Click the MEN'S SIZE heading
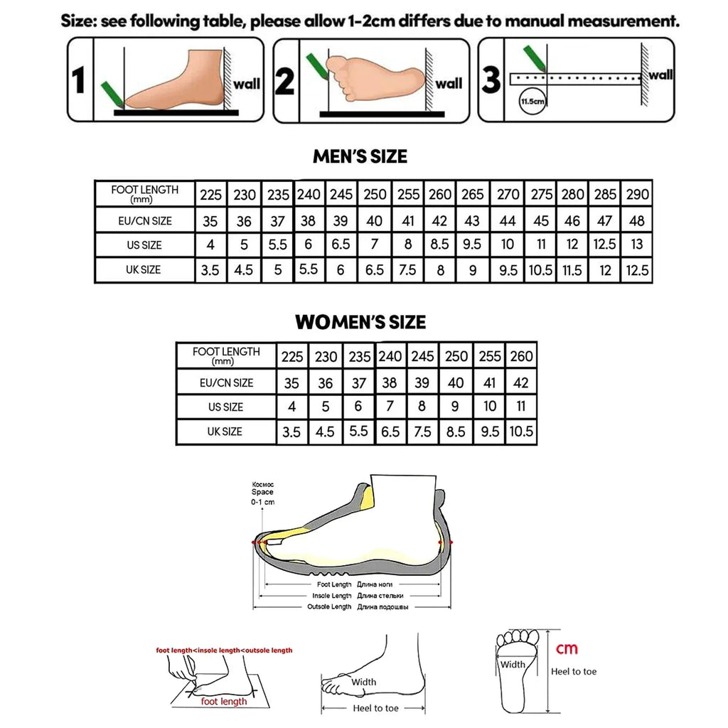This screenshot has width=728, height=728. (360, 156)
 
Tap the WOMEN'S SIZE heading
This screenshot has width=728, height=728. (360, 322)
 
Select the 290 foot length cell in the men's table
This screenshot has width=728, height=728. (636, 194)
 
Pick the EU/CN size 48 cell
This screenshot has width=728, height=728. (636, 221)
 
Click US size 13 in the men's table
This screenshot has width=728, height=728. (636, 245)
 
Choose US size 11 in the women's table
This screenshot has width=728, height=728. (521, 407)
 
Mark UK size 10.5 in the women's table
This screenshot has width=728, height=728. (521, 432)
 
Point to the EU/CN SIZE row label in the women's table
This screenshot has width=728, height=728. (226, 382)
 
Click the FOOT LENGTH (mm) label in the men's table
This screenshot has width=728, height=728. (145, 193)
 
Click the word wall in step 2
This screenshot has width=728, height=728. (449, 84)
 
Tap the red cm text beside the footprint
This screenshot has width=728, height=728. (567, 648)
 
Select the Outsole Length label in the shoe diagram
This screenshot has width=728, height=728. (329, 606)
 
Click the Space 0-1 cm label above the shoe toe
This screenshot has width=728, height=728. (262, 492)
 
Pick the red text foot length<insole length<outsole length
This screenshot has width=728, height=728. (224, 650)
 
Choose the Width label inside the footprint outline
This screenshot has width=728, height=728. (513, 665)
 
